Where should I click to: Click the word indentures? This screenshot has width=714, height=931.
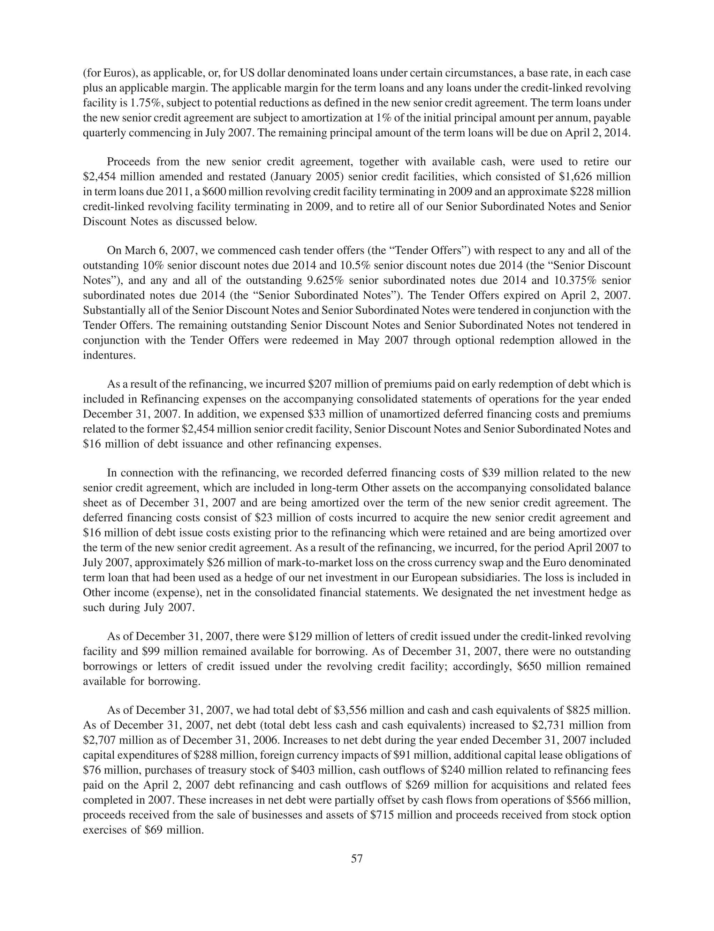pos(109,355)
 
